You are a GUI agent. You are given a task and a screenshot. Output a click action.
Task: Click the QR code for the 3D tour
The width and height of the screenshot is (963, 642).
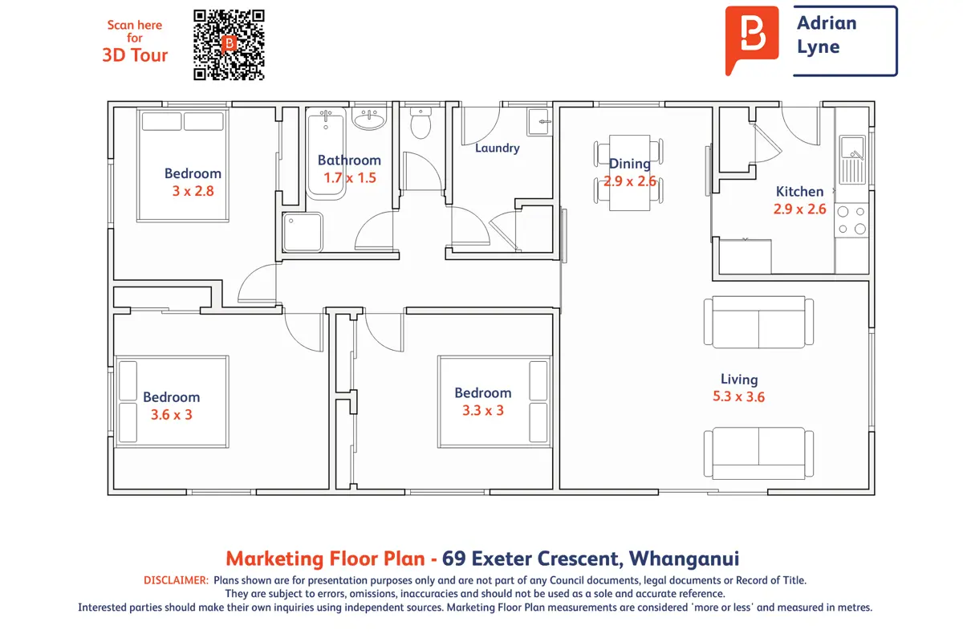click(229, 45)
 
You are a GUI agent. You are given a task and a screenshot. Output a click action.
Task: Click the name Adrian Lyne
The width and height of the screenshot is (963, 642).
click(827, 35)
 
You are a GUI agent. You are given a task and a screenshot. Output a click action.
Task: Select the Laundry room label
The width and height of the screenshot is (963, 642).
click(497, 148)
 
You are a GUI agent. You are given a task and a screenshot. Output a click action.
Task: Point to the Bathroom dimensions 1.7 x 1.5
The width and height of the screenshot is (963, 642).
click(350, 177)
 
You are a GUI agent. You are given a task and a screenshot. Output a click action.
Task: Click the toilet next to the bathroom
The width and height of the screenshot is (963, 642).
click(421, 123)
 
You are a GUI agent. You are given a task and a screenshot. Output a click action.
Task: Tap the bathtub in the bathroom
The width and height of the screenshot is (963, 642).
click(326, 153)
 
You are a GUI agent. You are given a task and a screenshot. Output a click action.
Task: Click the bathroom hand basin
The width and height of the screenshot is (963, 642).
click(369, 118)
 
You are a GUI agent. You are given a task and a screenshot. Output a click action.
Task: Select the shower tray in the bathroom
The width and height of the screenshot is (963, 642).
click(303, 232)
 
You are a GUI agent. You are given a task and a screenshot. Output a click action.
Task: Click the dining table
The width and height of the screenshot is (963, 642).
click(629, 173)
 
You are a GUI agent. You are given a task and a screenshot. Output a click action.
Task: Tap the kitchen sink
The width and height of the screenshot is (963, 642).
click(852, 160)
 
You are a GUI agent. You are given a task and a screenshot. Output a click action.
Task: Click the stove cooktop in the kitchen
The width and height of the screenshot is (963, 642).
click(851, 220)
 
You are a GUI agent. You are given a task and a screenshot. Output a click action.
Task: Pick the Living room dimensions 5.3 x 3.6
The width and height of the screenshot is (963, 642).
click(738, 396)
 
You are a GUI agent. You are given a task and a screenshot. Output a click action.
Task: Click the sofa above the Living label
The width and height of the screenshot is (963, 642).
click(759, 321)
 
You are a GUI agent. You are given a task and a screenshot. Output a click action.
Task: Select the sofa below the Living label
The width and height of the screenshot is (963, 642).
click(759, 453)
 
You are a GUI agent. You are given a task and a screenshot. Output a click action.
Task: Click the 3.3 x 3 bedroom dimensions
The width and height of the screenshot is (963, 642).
click(483, 410)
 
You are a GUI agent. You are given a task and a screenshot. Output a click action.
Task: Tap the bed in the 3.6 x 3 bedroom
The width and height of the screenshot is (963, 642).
click(172, 401)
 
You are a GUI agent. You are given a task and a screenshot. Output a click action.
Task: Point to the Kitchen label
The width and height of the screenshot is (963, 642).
click(799, 191)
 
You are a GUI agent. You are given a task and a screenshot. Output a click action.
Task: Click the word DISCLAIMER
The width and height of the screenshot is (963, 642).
click(176, 580)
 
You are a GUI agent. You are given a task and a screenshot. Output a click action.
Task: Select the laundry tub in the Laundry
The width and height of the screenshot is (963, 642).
click(539, 122)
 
